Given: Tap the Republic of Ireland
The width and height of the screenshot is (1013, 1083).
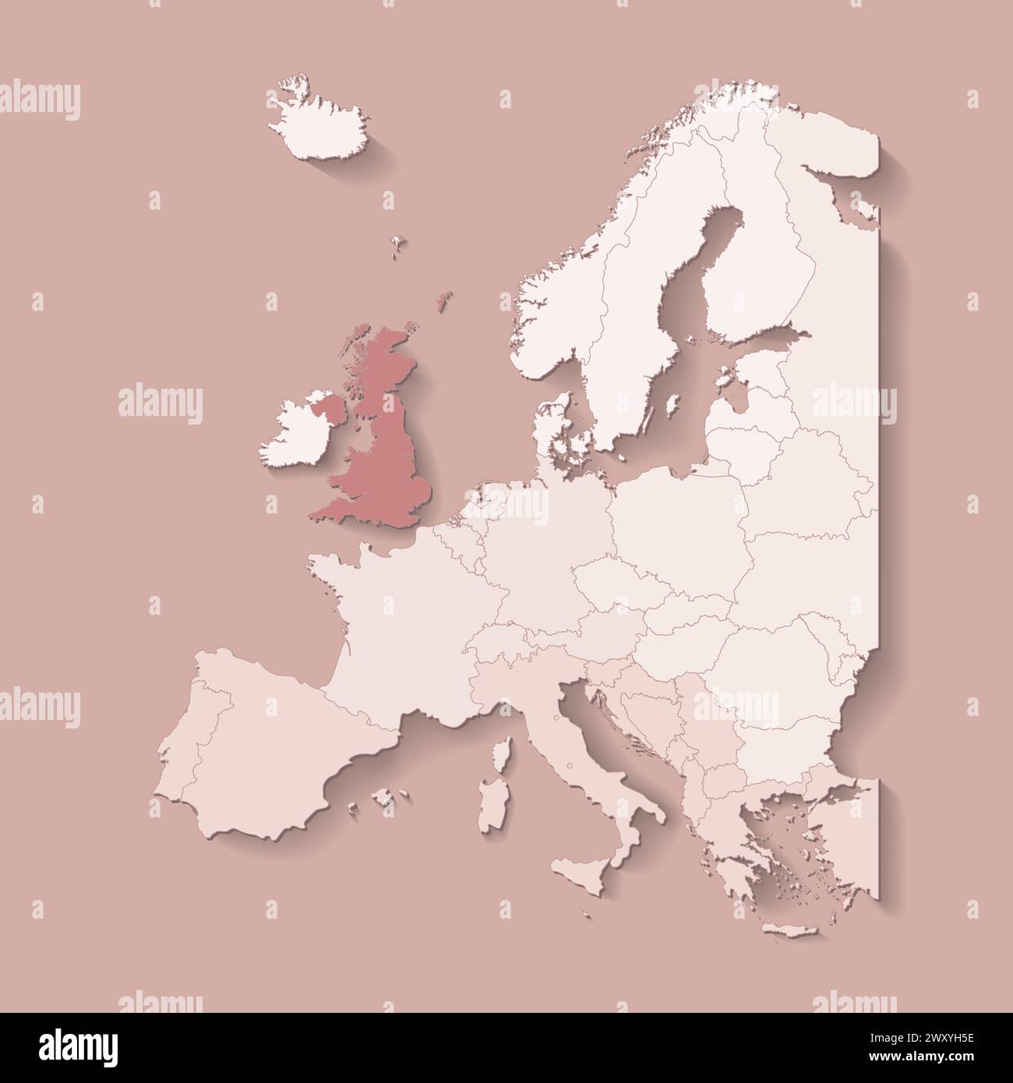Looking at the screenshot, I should pyautogui.click(x=292, y=436).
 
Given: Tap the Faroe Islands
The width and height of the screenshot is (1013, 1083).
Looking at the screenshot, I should pyautogui.click(x=399, y=243).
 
